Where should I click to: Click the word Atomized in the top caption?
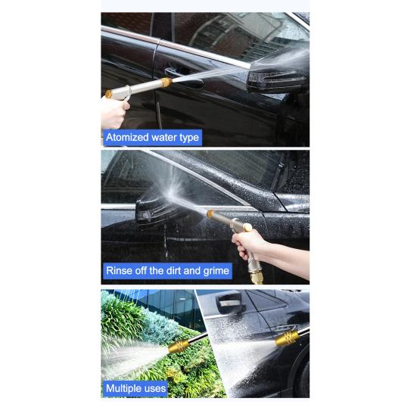(x=127, y=137)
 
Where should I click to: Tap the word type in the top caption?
(x=189, y=138)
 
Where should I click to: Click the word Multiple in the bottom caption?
(x=123, y=388)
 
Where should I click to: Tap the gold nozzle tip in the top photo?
(x=166, y=82)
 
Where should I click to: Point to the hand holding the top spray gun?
(x=114, y=112)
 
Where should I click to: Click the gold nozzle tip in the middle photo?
(x=210, y=213)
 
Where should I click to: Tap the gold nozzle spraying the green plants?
(x=179, y=347)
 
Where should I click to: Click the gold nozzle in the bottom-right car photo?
(x=287, y=338)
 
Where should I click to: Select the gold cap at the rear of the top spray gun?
(x=108, y=94)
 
